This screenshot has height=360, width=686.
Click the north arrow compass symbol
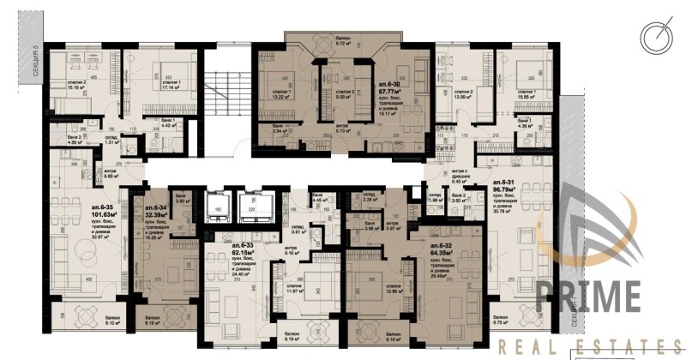(x=655, y=37)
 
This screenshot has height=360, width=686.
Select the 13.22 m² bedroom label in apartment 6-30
(x=280, y=97)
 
